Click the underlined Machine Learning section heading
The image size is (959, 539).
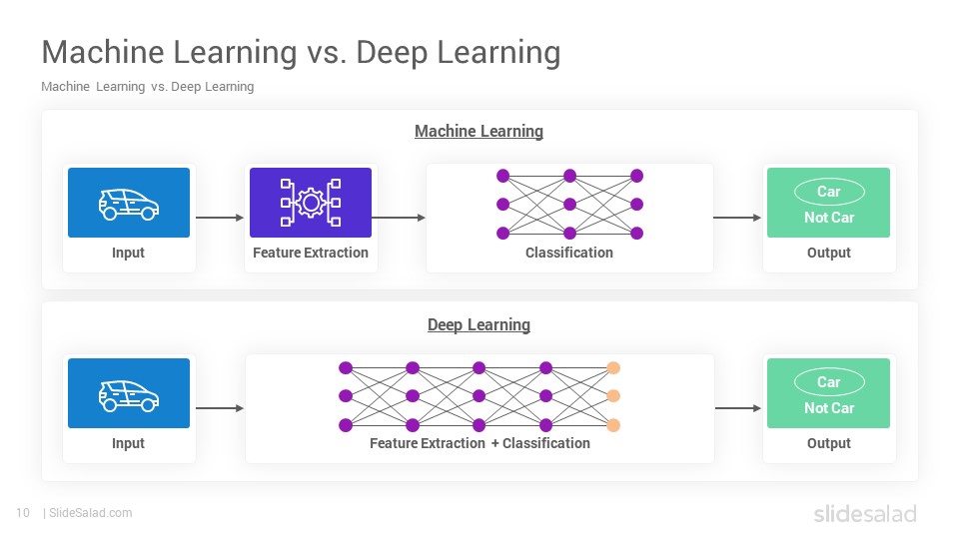479,132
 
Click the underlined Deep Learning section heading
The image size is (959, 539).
479,324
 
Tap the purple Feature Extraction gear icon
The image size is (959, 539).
311,203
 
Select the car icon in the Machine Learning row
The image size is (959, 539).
129,204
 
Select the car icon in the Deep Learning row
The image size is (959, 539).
129,395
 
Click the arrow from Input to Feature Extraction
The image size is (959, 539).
220,218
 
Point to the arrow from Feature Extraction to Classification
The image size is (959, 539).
399,218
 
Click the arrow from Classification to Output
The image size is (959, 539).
737,218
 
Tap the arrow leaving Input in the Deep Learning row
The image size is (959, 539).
220,408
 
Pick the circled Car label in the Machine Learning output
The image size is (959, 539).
829,192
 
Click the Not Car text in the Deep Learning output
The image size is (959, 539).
829,408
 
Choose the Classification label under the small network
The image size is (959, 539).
568,253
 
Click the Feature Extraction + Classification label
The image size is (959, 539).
479,443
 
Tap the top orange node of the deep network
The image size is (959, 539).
613,368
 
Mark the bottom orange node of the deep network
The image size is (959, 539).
613,425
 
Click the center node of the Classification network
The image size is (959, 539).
570,204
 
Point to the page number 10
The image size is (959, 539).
23,513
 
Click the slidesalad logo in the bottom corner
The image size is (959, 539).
865,513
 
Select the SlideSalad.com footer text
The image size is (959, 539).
91,513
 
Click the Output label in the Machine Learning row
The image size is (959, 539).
829,253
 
